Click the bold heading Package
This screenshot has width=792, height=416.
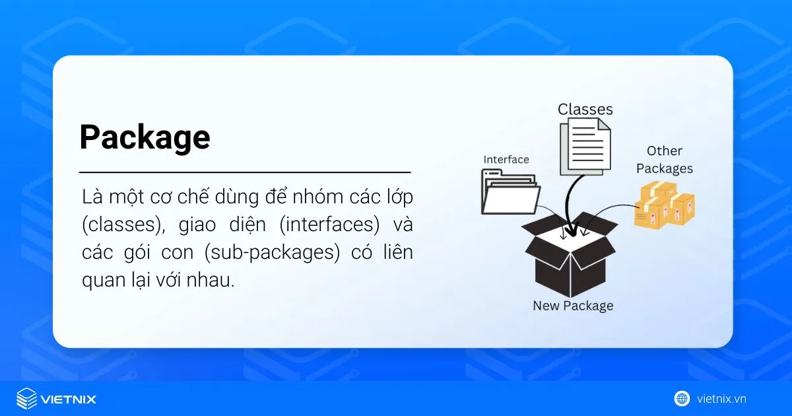click(145, 137)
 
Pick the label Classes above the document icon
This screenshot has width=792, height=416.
click(585, 109)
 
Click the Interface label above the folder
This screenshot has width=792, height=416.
click(506, 160)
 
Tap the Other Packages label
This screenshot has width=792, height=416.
click(664, 160)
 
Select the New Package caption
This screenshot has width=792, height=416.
click(573, 306)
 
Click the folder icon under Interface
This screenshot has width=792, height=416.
click(510, 193)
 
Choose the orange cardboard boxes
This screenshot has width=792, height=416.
click(664, 204)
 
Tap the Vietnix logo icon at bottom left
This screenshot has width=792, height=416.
click(26, 399)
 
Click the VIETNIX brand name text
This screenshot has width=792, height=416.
click(68, 399)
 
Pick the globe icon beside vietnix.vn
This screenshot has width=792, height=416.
click(682, 398)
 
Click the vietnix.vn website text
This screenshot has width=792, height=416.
click(721, 398)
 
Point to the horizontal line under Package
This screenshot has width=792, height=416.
click(245, 172)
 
